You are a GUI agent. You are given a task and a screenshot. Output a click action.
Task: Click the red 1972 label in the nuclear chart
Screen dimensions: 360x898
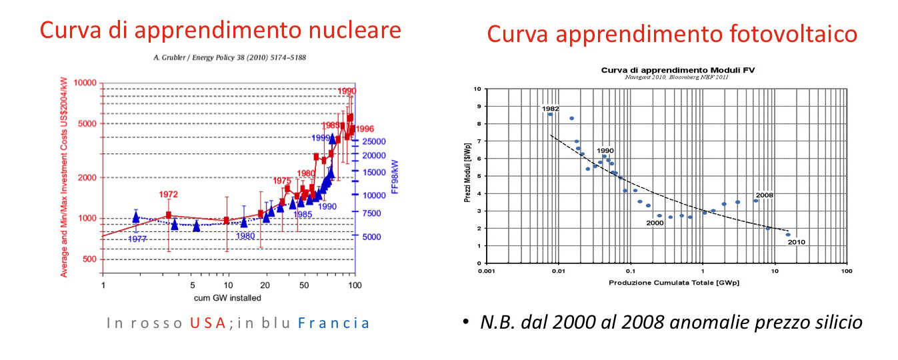[168, 195]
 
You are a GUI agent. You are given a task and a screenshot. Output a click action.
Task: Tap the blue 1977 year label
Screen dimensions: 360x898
[137, 239]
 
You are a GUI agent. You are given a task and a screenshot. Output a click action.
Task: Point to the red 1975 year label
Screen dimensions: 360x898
[282, 181]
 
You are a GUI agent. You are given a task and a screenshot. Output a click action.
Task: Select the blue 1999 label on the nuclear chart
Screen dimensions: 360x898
[322, 137]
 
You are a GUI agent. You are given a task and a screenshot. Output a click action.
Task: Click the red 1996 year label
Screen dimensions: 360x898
[365, 129]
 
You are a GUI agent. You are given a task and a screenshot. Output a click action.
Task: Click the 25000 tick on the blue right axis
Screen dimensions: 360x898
[374, 141]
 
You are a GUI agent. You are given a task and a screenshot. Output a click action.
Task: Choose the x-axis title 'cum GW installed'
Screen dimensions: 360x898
[227, 297]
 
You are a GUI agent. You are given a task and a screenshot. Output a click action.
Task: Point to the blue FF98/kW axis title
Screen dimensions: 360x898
[395, 176]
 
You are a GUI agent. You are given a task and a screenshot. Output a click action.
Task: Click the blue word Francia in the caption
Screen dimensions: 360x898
[333, 323]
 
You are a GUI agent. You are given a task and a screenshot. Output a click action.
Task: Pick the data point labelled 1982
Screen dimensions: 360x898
[550, 114]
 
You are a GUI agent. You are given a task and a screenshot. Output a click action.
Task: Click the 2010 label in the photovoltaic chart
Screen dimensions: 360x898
[797, 242]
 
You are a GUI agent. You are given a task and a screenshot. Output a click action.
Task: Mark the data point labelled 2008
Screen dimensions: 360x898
[755, 201]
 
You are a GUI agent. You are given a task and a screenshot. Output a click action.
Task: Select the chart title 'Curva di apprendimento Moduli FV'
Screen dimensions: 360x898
[667, 69]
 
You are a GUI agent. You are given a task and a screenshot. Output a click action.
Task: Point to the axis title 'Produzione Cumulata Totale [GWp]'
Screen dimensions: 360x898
[673, 283]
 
